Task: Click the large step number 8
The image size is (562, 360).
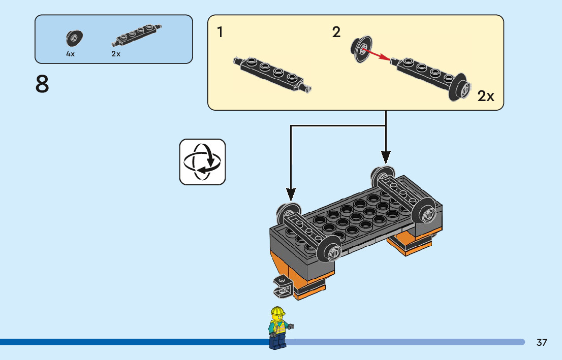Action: (x=42, y=84)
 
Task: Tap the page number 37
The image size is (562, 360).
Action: (x=542, y=342)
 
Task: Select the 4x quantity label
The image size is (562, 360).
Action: (x=70, y=54)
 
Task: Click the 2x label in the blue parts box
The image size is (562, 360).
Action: (x=116, y=54)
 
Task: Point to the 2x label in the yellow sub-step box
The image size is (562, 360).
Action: (x=486, y=96)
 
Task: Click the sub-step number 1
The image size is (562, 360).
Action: (x=220, y=32)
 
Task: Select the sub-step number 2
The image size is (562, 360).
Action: (x=336, y=32)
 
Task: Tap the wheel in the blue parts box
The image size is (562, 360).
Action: (x=74, y=38)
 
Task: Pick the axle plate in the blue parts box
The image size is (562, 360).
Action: (x=137, y=35)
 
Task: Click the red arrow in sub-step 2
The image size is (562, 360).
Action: (x=377, y=55)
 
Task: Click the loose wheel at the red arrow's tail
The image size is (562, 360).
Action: (x=361, y=49)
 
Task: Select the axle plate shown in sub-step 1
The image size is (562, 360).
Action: (x=272, y=74)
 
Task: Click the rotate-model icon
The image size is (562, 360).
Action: (x=203, y=162)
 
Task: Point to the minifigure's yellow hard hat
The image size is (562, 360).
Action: (x=278, y=311)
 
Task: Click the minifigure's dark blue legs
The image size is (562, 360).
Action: (x=278, y=342)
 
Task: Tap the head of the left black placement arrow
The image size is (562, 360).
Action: (x=291, y=194)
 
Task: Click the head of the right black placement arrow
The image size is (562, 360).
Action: (x=386, y=157)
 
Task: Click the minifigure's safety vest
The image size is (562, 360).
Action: (x=278, y=327)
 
